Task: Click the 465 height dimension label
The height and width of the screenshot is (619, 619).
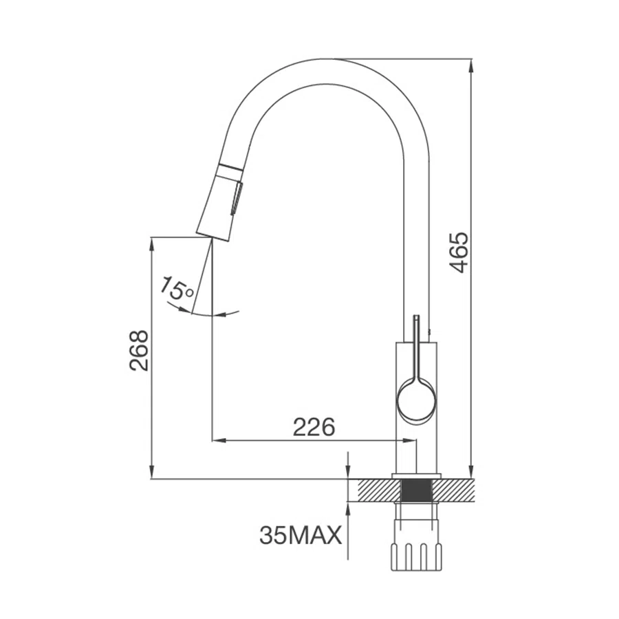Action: [459, 253]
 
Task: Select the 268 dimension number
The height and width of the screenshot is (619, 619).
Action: [139, 351]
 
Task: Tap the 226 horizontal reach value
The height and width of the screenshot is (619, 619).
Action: [314, 426]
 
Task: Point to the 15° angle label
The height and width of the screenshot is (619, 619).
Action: [177, 290]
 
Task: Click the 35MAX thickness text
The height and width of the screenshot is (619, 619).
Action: [301, 536]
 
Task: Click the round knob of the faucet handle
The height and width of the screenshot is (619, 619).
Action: [417, 401]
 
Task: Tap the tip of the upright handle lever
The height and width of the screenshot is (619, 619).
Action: [416, 316]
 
